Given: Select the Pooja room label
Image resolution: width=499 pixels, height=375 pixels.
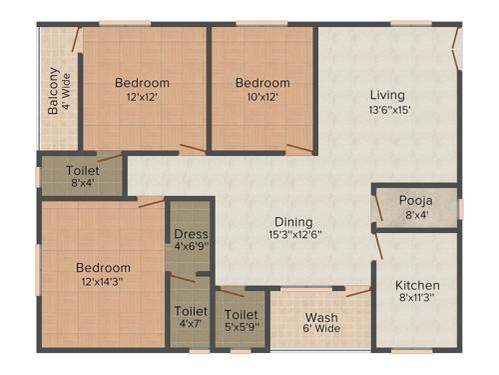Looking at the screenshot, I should click(415, 198).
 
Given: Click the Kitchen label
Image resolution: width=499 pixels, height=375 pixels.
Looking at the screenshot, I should click(416, 285).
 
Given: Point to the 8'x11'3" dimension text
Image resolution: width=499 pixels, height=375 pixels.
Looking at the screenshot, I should click(416, 298).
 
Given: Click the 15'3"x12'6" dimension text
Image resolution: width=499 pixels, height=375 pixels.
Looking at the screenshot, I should click(291, 236).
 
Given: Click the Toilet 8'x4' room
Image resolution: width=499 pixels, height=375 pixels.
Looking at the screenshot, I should click(82, 177).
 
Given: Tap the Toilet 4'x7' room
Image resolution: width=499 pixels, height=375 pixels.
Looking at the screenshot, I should click(190, 317).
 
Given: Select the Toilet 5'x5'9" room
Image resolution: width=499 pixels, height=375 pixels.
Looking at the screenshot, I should click(242, 317).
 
